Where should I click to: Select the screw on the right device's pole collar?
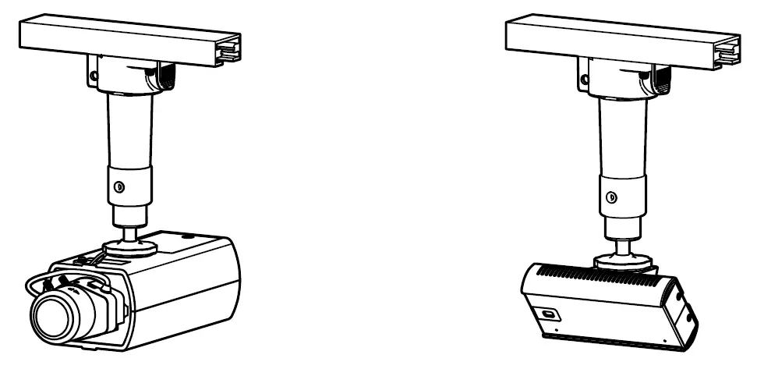click(x=611, y=197)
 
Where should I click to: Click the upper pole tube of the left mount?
click(x=129, y=129)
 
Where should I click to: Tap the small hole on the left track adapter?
click(x=93, y=76)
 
